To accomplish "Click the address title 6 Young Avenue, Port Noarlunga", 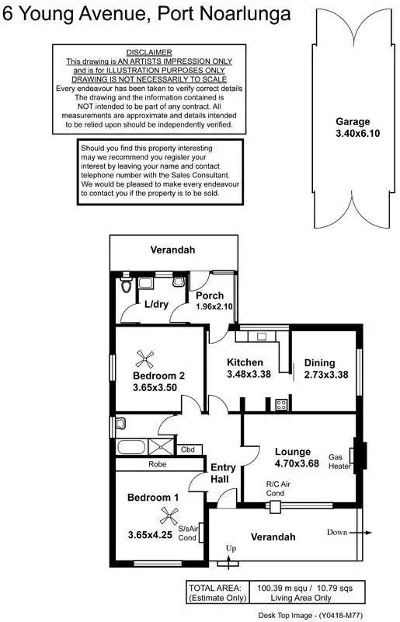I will [x=148, y=13].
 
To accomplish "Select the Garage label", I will [x=353, y=122].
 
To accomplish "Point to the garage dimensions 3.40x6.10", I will [x=353, y=133].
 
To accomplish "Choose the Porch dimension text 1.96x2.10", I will [x=210, y=306].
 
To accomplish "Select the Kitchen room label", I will [x=245, y=362].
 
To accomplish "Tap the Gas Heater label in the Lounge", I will [x=339, y=461].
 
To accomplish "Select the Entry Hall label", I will [x=224, y=473].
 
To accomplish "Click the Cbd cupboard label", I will [x=188, y=449].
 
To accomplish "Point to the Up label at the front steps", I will [x=231, y=549].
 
